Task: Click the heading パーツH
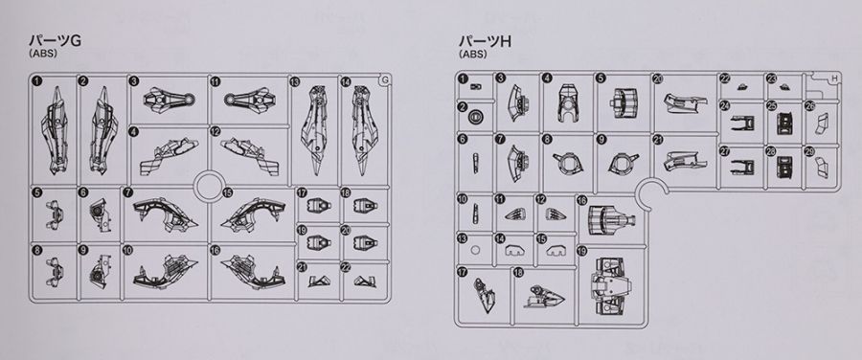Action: point(486,41)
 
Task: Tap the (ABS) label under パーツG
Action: point(43,55)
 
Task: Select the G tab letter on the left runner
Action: point(385,80)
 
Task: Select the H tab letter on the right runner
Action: point(835,79)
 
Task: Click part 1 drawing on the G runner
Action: point(56,131)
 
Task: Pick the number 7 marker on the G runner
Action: point(127,192)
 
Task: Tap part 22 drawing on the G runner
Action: point(363,281)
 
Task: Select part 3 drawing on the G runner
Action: point(170,100)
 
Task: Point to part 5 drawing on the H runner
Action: point(624,102)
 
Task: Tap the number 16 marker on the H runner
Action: point(582,202)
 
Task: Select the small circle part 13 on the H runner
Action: point(476,250)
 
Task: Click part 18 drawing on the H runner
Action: point(544,297)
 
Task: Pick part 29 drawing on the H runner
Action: point(822,165)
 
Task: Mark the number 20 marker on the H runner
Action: point(657,79)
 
